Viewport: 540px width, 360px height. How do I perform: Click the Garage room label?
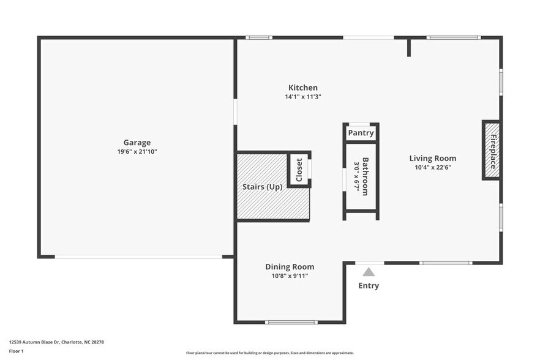point(137,143)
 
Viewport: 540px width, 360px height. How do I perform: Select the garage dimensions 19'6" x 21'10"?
point(137,152)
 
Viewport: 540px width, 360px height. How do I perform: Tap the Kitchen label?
point(303,88)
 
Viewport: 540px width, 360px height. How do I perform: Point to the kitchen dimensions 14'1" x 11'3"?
point(303,97)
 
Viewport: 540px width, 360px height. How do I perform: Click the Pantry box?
point(361,133)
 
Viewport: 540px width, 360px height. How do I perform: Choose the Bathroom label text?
point(366,176)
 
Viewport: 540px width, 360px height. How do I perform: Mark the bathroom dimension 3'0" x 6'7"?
point(356,176)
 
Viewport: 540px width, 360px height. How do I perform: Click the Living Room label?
point(432,159)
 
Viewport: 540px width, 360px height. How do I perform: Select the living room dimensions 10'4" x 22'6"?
point(433,168)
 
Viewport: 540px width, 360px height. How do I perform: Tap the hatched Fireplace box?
point(492,150)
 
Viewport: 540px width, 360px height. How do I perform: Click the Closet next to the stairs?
point(299,170)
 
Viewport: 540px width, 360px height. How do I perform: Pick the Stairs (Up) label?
point(261,187)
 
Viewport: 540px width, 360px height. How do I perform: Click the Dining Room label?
point(290,267)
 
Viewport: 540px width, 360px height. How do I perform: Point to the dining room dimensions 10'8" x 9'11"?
point(290,276)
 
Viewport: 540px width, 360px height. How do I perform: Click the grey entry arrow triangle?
point(369,272)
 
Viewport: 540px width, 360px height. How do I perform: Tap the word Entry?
point(369,286)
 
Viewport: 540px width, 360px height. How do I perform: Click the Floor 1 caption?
point(16,351)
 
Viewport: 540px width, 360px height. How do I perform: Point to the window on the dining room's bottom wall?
point(291,322)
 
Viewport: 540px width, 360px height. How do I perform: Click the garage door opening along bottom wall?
point(138,257)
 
